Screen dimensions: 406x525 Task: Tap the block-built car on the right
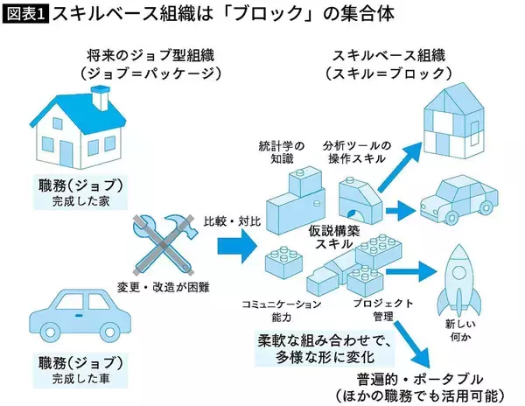click(x=458, y=201)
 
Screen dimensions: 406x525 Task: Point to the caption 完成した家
click(x=73, y=203)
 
